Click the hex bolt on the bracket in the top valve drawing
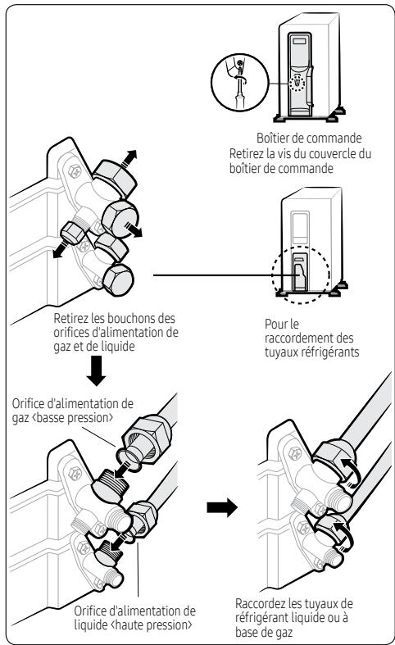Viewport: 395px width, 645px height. point(72,175)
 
